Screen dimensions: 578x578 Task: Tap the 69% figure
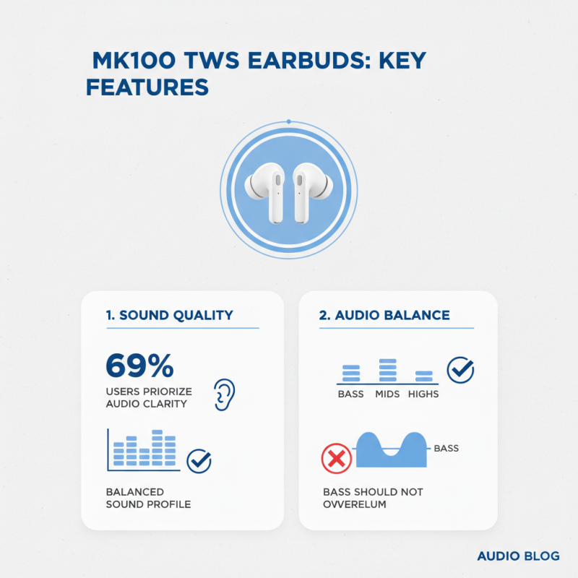tap(139, 366)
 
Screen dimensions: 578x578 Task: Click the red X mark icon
tap(336, 457)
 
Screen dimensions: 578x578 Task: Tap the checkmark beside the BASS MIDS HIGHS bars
tap(461, 370)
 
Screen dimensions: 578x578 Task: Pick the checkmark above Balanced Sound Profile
tap(199, 461)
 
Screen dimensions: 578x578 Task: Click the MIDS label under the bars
tap(387, 394)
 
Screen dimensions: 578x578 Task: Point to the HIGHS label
tap(423, 394)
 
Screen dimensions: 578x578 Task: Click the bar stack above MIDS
tap(388, 370)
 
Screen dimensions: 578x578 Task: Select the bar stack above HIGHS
tap(424, 376)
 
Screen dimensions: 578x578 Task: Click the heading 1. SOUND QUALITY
tap(169, 315)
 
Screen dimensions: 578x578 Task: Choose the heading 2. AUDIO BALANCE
tap(384, 315)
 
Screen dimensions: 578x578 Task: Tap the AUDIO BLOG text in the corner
tap(518, 556)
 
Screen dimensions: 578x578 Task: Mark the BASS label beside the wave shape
tap(447, 449)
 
